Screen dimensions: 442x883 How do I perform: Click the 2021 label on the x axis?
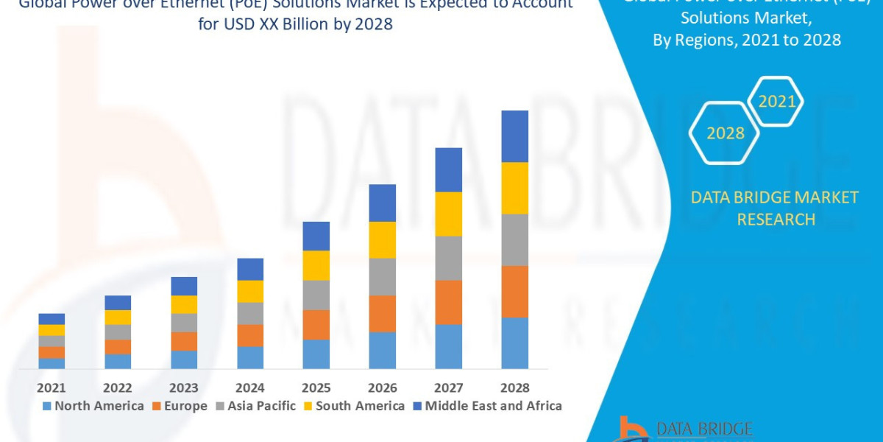52,387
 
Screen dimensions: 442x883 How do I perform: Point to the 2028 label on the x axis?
514,387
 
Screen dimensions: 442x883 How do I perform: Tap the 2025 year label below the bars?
316,387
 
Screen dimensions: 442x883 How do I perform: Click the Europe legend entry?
180,406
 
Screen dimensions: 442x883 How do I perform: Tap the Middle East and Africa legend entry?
486,406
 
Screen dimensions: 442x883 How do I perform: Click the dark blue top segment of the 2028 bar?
514,136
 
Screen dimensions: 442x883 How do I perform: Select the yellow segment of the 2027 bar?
448,214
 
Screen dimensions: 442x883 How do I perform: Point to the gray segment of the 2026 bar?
382,276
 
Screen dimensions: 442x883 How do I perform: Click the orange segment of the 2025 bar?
316,324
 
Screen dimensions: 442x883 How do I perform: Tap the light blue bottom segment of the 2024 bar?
250,357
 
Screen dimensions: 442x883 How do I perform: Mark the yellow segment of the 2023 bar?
184,304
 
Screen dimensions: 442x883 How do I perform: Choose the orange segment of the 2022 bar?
118,346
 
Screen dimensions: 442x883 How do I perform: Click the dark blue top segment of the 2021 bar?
52,319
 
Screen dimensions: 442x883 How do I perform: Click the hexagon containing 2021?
776,102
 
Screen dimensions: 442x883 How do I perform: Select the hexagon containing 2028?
725,133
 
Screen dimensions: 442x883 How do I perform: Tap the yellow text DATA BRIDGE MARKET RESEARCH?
776,208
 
